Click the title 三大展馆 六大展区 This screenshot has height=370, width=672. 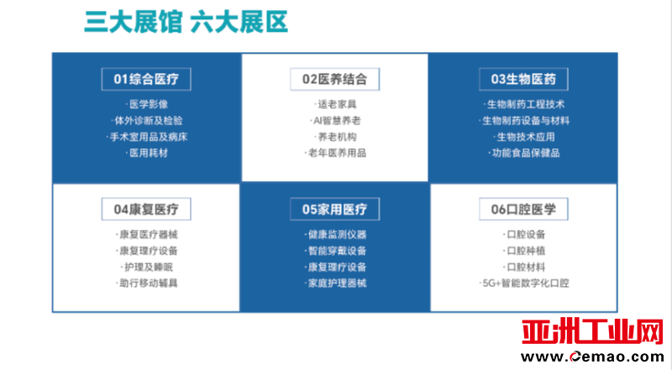186,22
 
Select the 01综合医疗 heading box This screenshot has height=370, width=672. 146,79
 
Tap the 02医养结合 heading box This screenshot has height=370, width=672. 334,79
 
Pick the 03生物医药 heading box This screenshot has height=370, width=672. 523,79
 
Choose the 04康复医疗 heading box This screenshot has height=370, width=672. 146,209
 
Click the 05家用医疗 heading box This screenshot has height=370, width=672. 334,209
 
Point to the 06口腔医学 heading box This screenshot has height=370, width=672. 523,209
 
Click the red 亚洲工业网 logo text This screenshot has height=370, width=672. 592,331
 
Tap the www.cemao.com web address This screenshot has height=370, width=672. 592,357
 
